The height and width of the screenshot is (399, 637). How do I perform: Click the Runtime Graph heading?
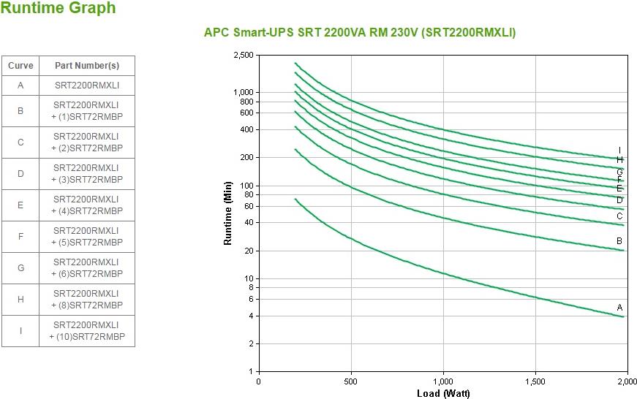coord(58,8)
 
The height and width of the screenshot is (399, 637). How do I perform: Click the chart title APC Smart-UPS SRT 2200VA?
coord(360,32)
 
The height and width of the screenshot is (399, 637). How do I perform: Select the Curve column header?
coord(20,66)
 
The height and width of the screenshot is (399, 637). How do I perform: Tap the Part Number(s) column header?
coord(87,66)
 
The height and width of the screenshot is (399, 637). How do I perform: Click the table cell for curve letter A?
coord(20,85)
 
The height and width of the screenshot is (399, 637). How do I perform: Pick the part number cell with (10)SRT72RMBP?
coord(87,331)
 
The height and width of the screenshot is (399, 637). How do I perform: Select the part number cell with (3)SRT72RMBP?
coord(87,174)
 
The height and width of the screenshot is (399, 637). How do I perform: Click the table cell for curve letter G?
coord(20,268)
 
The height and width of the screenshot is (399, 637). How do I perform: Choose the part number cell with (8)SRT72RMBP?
coord(87,300)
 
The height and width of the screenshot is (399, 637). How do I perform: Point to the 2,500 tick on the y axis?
coord(244,56)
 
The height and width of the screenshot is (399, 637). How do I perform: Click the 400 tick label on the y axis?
coord(246,130)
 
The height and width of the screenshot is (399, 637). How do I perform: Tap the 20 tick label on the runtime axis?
coord(249,251)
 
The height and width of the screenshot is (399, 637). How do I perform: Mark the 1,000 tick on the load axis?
coord(443,381)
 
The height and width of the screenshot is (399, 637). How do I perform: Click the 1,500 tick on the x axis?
coord(535,381)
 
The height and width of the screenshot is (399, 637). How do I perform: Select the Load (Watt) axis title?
coord(443,394)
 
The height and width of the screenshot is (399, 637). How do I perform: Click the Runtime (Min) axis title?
coord(228,213)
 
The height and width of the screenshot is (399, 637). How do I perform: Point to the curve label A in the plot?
coord(620,308)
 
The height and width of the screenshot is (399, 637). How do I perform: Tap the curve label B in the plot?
coord(619,241)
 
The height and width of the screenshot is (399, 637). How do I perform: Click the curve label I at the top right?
coord(620,151)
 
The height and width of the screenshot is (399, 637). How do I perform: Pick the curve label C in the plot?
coord(619,216)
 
